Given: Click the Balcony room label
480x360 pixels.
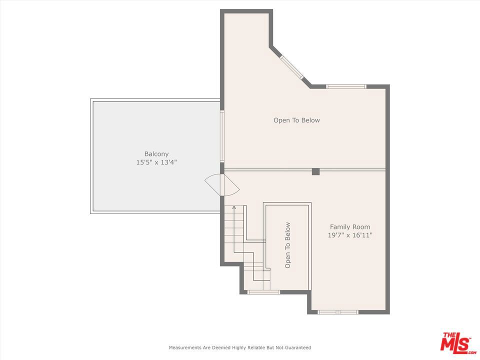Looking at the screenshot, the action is coord(156,154).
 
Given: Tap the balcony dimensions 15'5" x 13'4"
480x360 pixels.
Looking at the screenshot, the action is coord(156,162).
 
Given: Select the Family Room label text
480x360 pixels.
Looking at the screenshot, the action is coord(350,227).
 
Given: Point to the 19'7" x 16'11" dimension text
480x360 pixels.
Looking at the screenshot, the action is coord(350,235).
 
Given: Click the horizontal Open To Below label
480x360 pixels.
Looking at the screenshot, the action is coord(296,120).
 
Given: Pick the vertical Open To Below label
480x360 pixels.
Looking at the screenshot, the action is coord(288,245).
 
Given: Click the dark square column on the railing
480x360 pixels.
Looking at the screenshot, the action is coord(315,171).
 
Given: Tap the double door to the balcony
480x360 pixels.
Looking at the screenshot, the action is coord(222,185).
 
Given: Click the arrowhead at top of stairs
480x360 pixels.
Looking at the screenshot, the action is coord(234,207).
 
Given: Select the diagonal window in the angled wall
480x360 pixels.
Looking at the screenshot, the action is coord(292,67).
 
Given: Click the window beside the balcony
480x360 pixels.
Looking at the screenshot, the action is coord(222,136).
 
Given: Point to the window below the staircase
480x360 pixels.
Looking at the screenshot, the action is coord(263,292).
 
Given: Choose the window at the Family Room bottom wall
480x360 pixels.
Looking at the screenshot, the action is coord(337,312).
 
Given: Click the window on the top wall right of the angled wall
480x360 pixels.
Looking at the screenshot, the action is coord(346,86).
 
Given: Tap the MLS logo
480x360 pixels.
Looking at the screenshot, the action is coord(458,341).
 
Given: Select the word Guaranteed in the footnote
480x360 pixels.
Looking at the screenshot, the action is coord(298,347).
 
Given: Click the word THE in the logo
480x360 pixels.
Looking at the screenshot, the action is coord(448,335).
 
